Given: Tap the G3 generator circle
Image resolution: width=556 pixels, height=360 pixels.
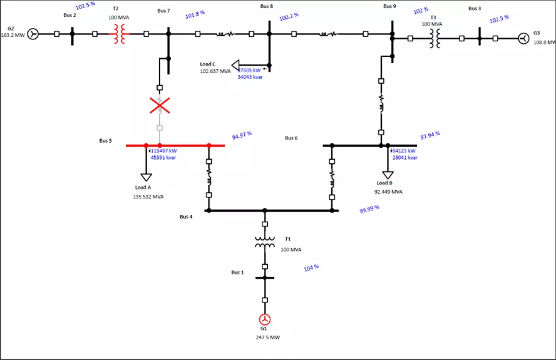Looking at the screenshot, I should click(521, 39).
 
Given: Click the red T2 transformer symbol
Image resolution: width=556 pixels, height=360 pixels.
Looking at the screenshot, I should click(119, 34).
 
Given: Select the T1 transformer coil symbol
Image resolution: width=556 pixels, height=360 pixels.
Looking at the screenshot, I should click(265, 242).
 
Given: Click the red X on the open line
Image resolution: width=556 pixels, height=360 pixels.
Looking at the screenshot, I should click(160, 105).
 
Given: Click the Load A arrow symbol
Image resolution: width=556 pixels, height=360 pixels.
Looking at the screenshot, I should click(146, 176).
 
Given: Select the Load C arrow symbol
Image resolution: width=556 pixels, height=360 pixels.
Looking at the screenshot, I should click(236, 64).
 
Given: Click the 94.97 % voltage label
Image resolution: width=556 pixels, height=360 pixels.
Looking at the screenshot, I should click(242, 135).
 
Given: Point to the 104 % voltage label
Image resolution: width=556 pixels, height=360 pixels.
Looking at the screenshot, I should click(311, 267).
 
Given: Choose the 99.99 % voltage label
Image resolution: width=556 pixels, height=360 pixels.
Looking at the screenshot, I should click(369, 210).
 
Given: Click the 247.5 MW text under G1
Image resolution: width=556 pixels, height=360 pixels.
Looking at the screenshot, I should click(268, 337).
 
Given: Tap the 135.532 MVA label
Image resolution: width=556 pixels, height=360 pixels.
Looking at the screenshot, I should click(148, 197).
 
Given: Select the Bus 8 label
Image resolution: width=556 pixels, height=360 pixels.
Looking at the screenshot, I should click(267, 6).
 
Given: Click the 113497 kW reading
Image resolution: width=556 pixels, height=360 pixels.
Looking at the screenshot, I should click(163, 151).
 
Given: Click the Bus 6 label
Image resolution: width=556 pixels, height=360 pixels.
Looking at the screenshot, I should click(291, 138).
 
